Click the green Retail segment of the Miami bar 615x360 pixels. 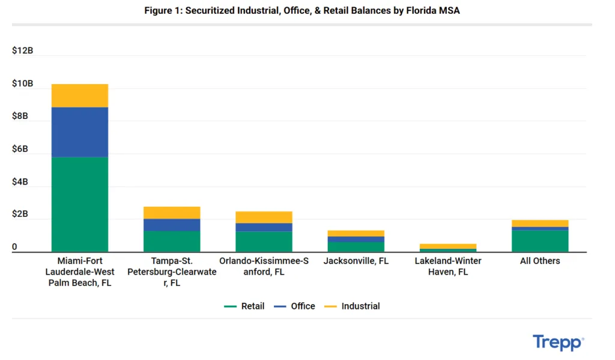[80, 204]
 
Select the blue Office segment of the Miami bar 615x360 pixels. [80, 132]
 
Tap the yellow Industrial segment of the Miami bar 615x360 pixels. [80, 96]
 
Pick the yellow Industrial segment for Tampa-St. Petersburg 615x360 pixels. [172, 213]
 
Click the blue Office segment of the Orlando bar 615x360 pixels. [264, 227]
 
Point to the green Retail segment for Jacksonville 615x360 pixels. [356, 246]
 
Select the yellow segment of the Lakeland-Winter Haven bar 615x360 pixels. [447, 246]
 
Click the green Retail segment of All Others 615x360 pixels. [540, 241]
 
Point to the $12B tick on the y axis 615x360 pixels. [22, 50]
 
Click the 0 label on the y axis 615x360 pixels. [14, 247]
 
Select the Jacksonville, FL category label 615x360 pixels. [356, 261]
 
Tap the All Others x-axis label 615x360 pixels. [539, 261]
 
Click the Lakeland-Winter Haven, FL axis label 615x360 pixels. [447, 266]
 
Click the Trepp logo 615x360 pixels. [558, 343]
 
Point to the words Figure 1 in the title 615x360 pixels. [163, 11]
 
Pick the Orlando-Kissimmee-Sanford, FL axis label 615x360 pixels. [264, 266]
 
